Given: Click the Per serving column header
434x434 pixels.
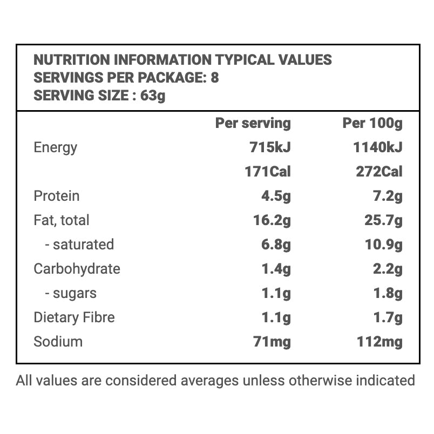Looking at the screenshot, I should (253, 123).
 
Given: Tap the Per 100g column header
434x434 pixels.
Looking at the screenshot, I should (372, 123).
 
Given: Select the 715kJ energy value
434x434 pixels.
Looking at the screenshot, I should (270, 147).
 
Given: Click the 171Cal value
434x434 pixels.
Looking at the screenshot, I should (267, 172).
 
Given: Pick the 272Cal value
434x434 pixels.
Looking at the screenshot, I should (379, 172).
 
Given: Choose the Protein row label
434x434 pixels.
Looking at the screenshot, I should (57, 196).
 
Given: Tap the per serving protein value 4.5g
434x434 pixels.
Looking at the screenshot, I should (276, 196).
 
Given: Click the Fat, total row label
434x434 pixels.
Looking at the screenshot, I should (62, 220).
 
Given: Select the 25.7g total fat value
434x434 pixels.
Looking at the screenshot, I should (384, 220).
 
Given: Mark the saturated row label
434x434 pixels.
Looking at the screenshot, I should (79, 245).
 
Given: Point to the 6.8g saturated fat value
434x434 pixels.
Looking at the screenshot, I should (276, 245).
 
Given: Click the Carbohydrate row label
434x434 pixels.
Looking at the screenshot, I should (77, 269).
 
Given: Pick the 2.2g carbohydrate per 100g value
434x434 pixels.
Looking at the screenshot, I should (388, 269).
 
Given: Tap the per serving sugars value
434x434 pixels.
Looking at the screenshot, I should (276, 293).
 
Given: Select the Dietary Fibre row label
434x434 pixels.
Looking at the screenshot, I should (74, 317).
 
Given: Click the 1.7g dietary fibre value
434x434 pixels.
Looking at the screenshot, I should (388, 317).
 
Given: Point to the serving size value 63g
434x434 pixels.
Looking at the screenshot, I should (153, 96).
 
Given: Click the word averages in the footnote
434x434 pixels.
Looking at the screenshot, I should (208, 381).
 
